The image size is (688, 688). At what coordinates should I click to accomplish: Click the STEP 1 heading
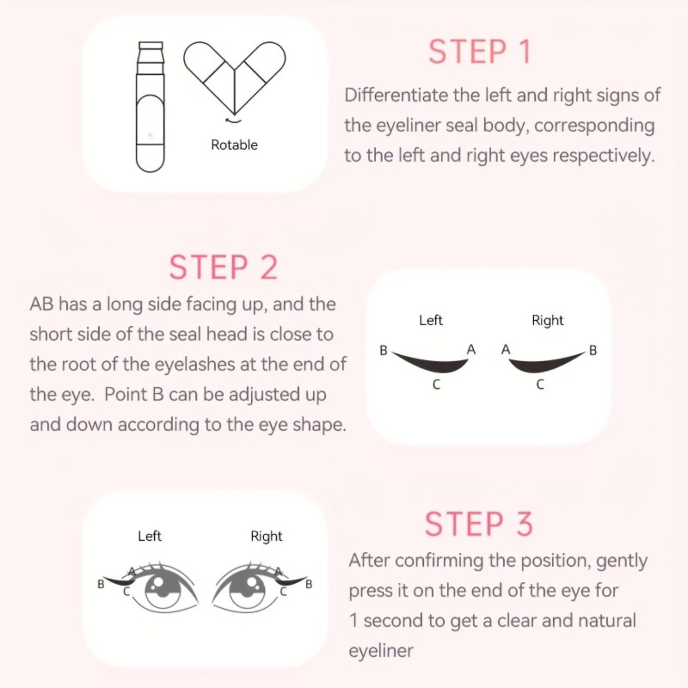(x=479, y=52)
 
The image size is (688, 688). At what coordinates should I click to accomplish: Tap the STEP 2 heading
(x=223, y=268)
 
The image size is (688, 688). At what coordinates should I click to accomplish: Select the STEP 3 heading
(x=479, y=524)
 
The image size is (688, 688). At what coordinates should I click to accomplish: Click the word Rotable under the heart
(x=234, y=145)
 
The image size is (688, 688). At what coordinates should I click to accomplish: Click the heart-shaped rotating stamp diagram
(x=234, y=76)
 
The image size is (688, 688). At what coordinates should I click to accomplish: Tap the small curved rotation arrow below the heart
(x=233, y=120)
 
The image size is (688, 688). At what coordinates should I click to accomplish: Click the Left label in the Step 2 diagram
(x=430, y=320)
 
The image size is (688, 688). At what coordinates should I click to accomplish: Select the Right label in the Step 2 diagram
(x=548, y=320)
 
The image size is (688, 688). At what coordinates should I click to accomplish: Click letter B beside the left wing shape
(x=383, y=350)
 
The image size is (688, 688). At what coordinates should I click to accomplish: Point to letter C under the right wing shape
(x=540, y=385)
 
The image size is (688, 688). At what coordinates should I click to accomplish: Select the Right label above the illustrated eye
(x=266, y=536)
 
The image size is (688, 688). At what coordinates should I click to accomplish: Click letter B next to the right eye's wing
(x=309, y=584)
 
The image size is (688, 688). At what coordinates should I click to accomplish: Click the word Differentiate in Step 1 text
(x=397, y=95)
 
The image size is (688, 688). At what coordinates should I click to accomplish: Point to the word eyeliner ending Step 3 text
(x=381, y=650)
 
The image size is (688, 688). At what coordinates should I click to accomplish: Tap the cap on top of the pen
(x=150, y=47)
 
